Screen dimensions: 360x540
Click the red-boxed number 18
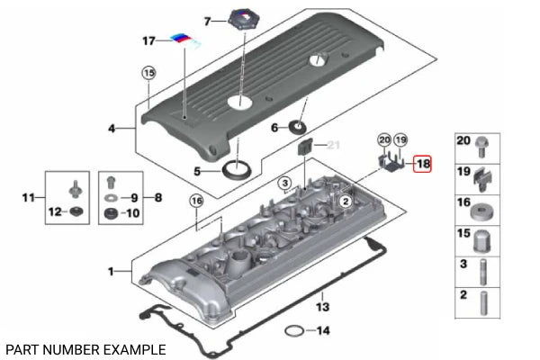(x=422, y=164)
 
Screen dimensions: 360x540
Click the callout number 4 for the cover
(x=112, y=130)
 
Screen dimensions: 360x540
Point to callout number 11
(x=27, y=197)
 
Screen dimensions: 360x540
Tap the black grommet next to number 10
(x=110, y=214)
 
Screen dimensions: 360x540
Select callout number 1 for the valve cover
(x=112, y=270)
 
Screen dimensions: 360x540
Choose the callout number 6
(x=275, y=128)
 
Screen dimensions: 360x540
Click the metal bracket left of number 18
(x=390, y=163)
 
